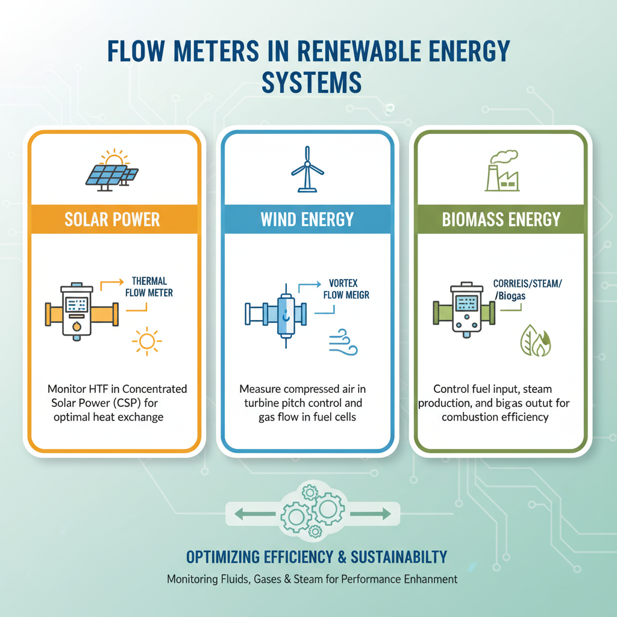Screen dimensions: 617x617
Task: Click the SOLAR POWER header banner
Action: click(x=112, y=219)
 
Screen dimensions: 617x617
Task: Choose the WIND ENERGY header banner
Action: click(x=307, y=219)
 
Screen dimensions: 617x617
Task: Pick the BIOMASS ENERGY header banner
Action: click(x=501, y=219)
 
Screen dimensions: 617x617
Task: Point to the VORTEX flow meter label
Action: click(x=345, y=288)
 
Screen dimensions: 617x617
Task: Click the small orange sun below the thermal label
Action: click(x=146, y=341)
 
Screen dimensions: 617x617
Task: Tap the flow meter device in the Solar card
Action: click(x=77, y=312)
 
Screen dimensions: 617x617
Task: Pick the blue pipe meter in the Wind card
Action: click(x=283, y=312)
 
